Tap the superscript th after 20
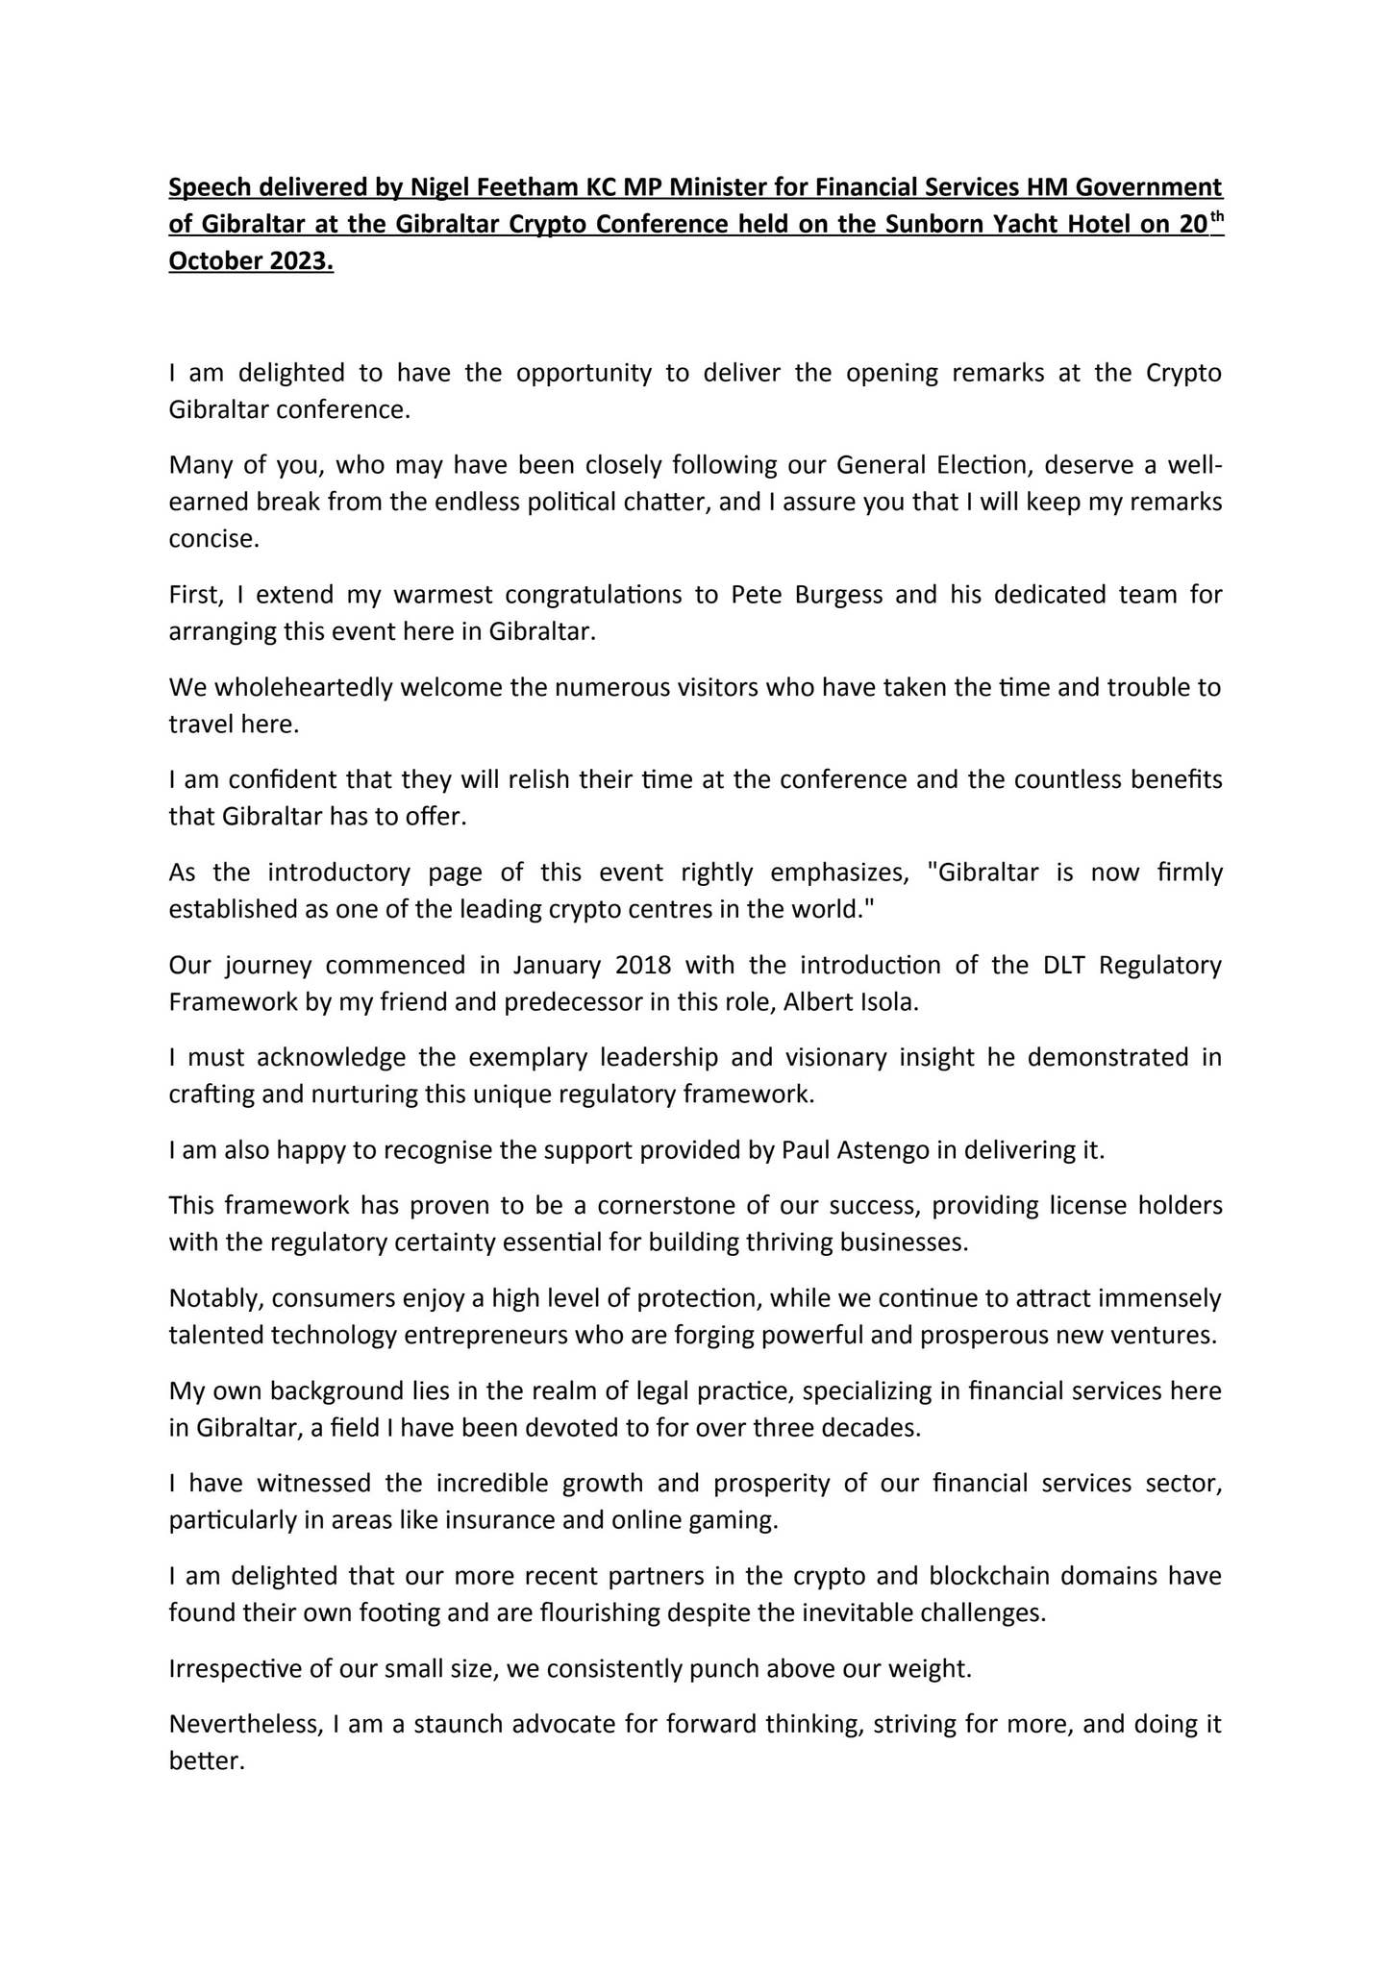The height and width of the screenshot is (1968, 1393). [1216, 215]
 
